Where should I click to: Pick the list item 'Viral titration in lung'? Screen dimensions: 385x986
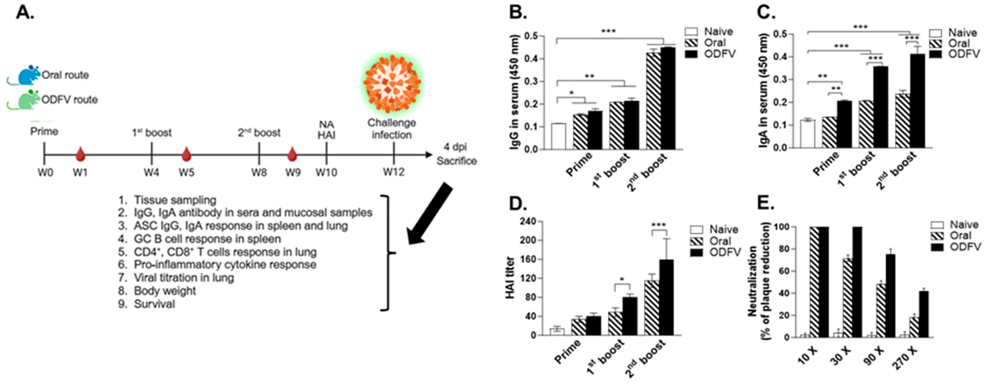click(184, 277)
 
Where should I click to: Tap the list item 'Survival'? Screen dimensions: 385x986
click(154, 304)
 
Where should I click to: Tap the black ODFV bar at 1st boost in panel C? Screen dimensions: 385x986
click(880, 107)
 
